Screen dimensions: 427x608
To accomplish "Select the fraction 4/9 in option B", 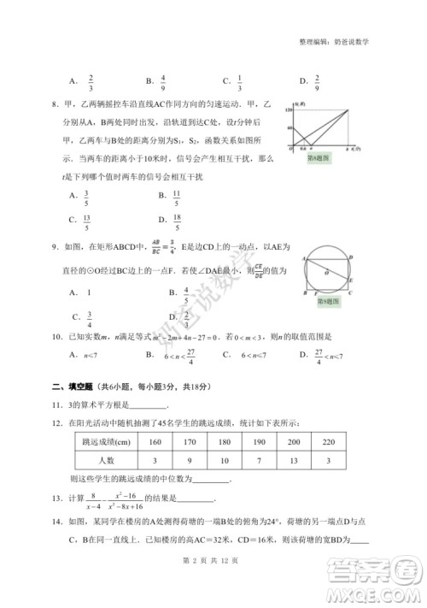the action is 162,82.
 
